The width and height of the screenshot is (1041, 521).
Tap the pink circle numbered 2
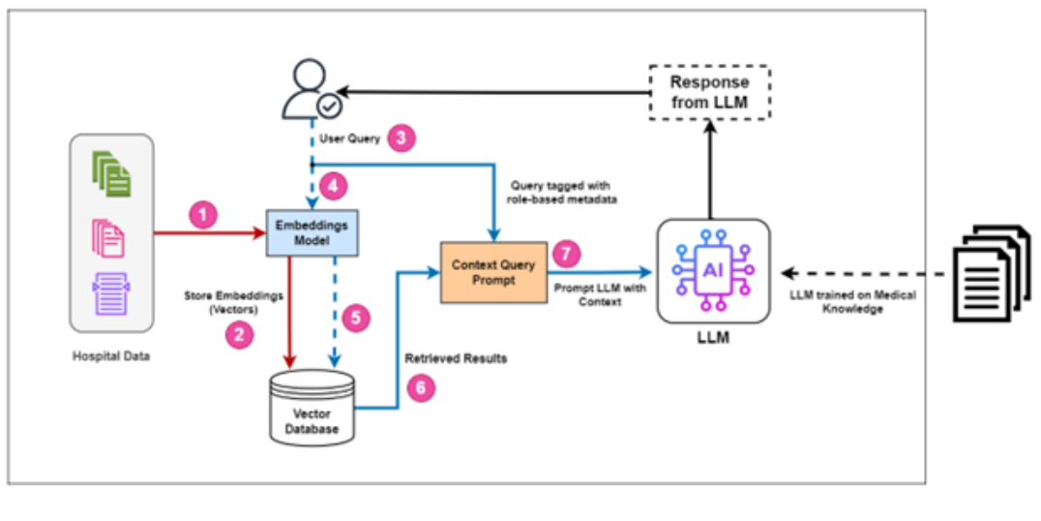tap(235, 335)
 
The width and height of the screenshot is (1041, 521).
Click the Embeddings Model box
tap(312, 232)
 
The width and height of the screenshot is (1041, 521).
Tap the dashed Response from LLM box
tap(710, 93)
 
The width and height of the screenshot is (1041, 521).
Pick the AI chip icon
tap(712, 269)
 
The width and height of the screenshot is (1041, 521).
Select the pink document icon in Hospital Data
tap(109, 236)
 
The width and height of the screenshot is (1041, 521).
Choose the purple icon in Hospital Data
tap(109, 293)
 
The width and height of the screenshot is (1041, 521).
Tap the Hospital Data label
tap(111, 355)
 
